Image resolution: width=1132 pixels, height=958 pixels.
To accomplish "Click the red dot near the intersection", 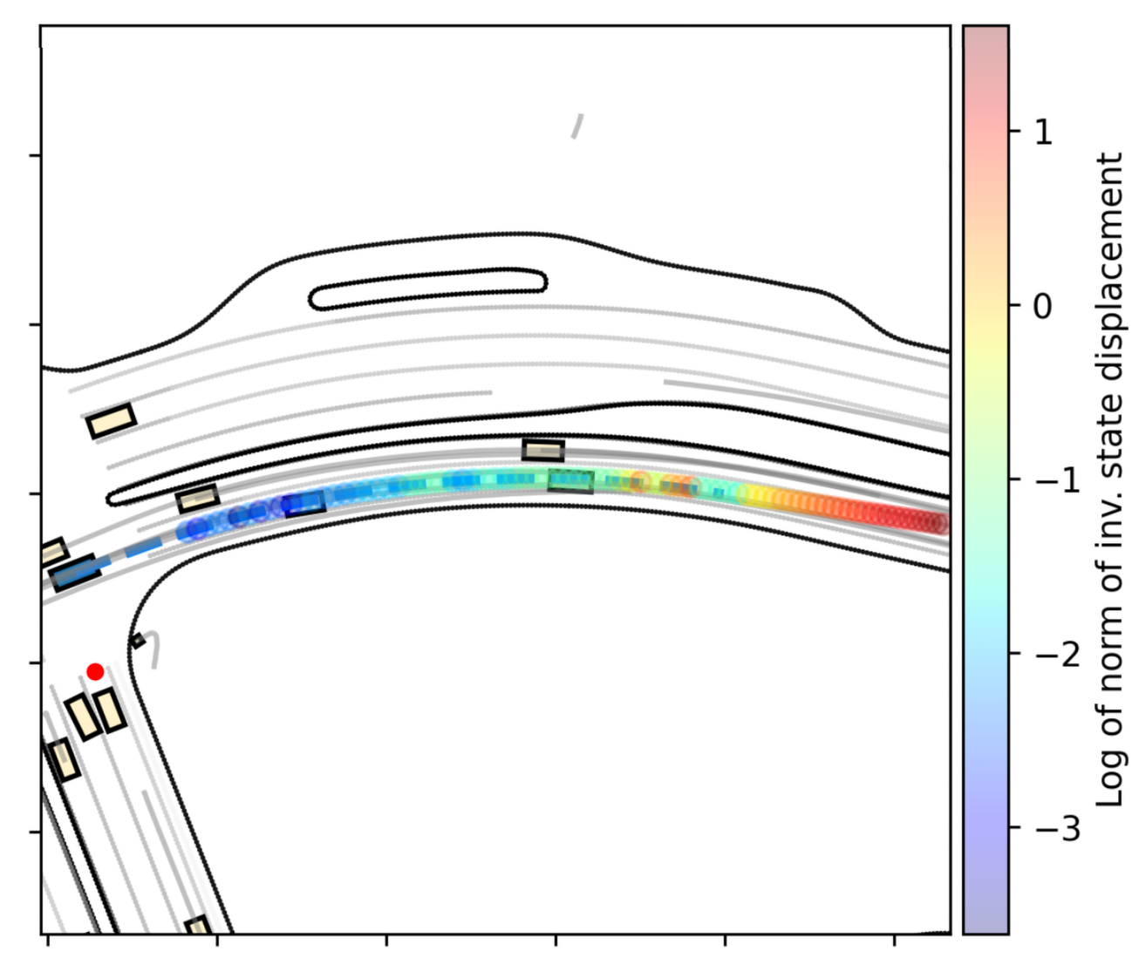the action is [x=95, y=672].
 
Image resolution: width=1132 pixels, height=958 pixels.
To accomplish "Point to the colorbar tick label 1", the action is [x=1044, y=132].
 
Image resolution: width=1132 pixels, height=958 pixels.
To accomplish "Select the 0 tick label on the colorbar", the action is [x=1043, y=306].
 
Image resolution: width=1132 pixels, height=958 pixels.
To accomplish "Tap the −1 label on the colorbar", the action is [x=1057, y=479].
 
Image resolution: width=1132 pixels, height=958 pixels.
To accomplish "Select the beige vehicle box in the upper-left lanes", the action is [x=111, y=421].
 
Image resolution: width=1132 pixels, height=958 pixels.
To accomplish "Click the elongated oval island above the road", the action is [x=427, y=289].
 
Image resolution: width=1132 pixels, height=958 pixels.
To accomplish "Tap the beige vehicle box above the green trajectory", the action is [x=542, y=450].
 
